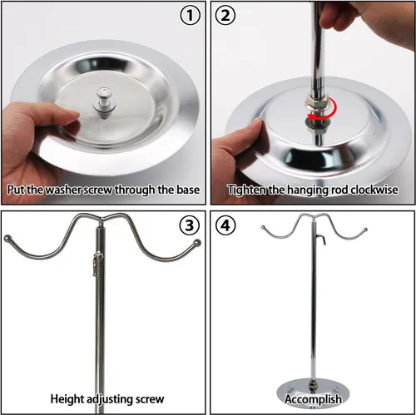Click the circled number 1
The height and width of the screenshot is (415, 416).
(x=190, y=15)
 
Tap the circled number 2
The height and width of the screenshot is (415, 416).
(x=225, y=15)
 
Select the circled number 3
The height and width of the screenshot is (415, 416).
(x=190, y=225)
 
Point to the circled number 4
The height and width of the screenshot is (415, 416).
(x=225, y=225)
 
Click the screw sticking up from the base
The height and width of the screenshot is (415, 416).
(x=105, y=102)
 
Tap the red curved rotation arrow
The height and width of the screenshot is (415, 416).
(x=330, y=111)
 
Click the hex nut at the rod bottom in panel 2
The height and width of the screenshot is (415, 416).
(x=318, y=101)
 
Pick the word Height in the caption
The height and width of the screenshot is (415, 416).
(x=67, y=399)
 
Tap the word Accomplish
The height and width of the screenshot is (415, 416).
(x=313, y=399)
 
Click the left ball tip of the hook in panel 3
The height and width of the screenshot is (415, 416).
(x=7, y=238)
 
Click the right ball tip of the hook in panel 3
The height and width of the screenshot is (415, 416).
(x=197, y=242)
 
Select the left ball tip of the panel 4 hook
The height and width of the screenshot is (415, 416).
(x=263, y=228)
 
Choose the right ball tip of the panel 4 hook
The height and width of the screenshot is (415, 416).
(x=365, y=230)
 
